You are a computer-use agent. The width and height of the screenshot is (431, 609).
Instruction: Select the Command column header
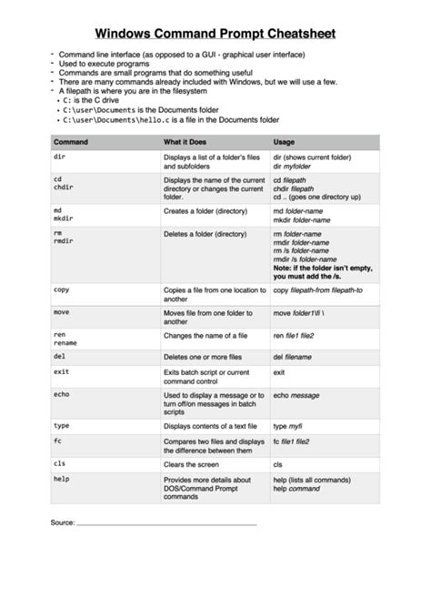[70, 143]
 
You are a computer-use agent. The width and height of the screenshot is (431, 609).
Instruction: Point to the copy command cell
[62, 289]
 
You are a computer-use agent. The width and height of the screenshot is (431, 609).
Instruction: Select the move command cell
[62, 312]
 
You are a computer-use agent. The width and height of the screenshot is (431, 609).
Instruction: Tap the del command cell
[59, 357]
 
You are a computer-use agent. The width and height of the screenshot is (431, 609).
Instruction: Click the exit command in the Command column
[61, 371]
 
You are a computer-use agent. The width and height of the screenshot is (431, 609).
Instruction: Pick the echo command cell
[61, 394]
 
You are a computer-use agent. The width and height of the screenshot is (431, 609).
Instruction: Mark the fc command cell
[57, 441]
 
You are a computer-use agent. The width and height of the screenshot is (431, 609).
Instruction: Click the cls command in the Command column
[59, 463]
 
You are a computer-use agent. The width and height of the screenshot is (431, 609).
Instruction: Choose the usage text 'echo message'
[296, 394]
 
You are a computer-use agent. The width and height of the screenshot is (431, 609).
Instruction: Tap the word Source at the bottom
[62, 523]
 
